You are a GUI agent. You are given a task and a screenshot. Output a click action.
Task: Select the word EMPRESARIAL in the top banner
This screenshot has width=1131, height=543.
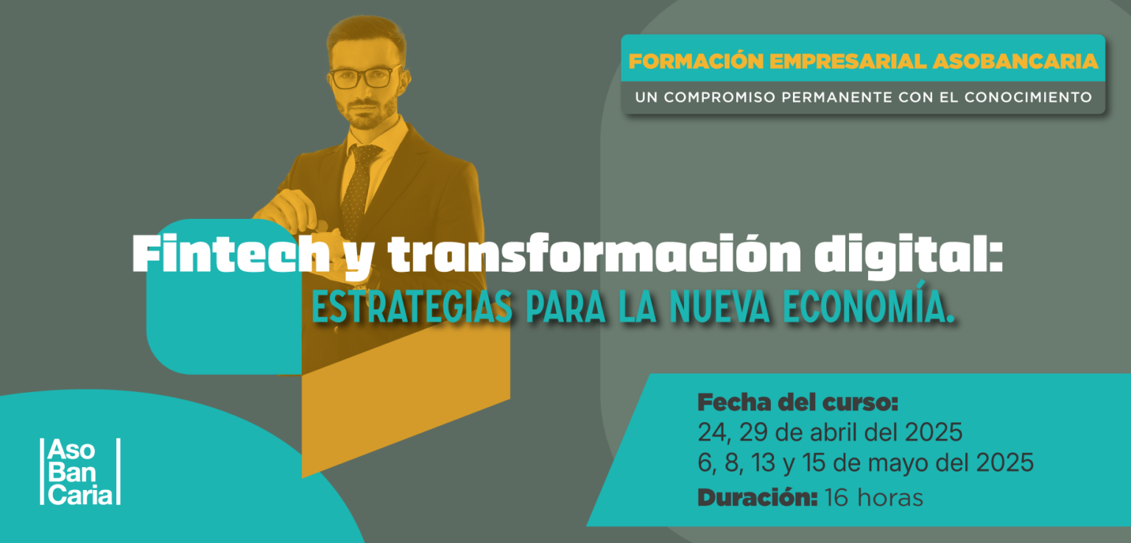click(848, 61)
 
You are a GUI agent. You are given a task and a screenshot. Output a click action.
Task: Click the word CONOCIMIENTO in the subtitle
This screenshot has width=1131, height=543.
click(1028, 97)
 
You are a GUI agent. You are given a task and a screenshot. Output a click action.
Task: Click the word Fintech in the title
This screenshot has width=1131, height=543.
click(231, 254)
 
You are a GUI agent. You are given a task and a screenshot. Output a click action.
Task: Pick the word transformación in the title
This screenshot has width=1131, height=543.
click(594, 254)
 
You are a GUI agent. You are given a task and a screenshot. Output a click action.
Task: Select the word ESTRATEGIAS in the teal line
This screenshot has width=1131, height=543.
click(412, 306)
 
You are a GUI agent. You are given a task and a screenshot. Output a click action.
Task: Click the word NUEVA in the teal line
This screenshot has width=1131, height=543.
click(719, 306)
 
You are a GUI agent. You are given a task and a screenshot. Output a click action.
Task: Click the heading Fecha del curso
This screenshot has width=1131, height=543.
click(797, 402)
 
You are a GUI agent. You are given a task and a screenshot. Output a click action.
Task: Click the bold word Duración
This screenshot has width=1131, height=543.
click(758, 497)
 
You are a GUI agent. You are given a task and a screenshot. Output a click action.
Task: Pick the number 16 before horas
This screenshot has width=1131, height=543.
click(836, 498)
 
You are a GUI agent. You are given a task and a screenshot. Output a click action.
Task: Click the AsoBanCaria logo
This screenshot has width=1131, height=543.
click(80, 472)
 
